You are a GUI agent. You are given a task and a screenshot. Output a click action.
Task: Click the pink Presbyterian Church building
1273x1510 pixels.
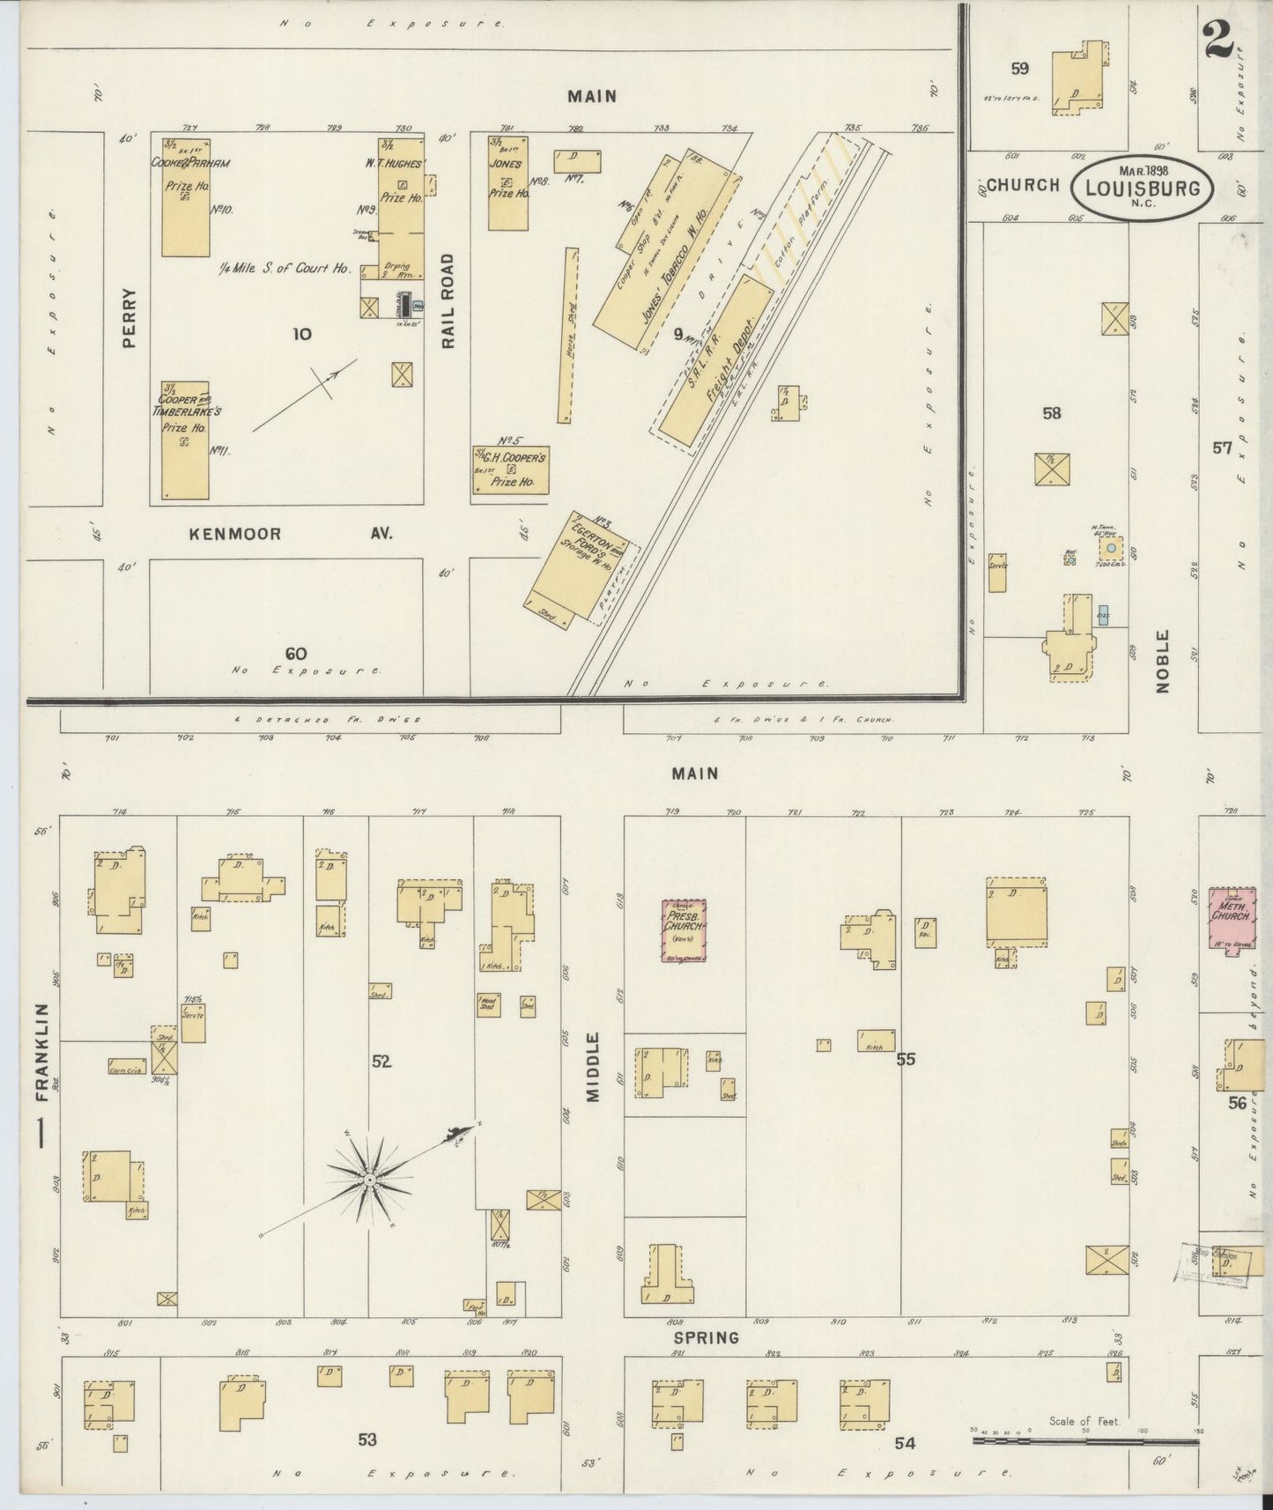(685, 929)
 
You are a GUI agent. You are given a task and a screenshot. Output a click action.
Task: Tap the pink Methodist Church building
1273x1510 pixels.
(1230, 916)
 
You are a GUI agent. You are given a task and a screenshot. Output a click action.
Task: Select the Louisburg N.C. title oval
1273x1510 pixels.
(1142, 187)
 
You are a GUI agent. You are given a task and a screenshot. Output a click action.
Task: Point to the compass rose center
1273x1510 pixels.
(370, 1179)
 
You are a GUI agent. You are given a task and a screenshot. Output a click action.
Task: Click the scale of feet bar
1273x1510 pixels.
(1084, 1441)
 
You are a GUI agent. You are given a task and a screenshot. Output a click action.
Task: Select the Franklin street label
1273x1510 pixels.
(41, 1052)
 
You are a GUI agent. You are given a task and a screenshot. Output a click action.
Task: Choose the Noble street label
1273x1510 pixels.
(1162, 661)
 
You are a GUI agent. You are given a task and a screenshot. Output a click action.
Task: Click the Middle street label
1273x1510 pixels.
(592, 1066)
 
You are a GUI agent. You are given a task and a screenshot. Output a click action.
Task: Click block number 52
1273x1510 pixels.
(381, 1062)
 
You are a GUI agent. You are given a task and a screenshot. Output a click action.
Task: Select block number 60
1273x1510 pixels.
(296, 654)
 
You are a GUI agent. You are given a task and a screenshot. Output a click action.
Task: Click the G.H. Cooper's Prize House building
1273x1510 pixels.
(510, 470)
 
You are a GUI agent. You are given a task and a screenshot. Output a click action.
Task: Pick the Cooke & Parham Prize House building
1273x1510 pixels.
(186, 197)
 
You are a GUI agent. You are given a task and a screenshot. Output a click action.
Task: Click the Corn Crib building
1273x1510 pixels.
(127, 1066)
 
